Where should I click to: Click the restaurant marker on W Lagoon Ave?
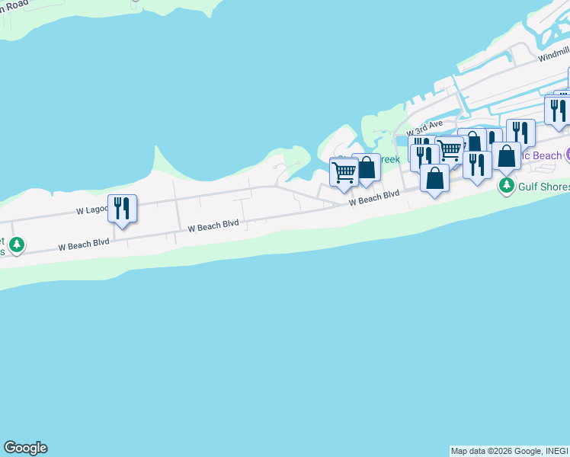point(122,208)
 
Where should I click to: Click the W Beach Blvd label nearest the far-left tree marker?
point(84,242)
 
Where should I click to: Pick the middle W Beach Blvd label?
point(213,224)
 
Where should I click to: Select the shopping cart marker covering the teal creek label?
point(344,171)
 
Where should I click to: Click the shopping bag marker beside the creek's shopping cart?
point(367,168)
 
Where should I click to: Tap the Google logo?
point(25,448)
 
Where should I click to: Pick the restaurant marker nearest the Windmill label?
point(558,109)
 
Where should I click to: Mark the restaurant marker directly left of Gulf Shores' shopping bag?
point(477,165)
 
